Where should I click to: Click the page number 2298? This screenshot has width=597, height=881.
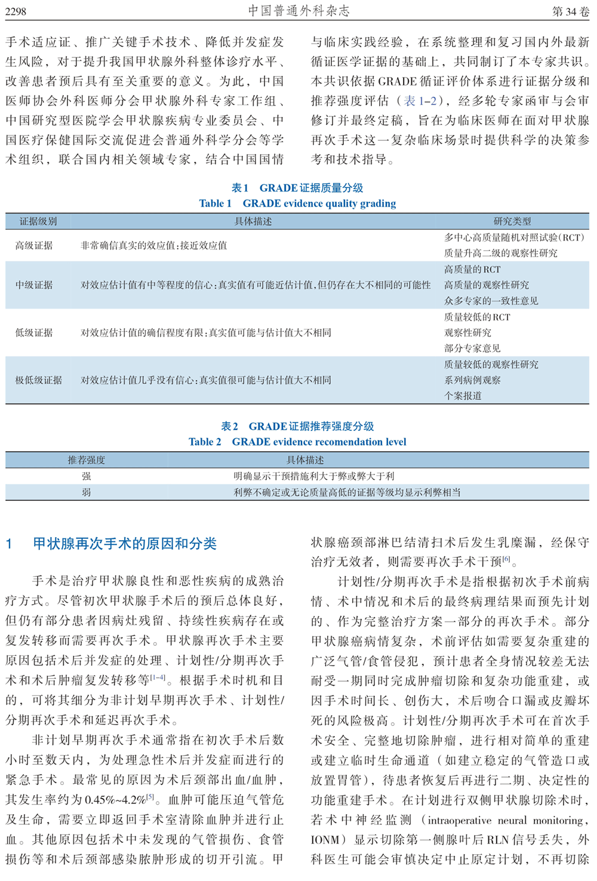point(16,11)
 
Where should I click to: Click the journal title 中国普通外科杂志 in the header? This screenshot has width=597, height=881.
point(298,11)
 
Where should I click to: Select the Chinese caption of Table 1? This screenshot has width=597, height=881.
point(297,188)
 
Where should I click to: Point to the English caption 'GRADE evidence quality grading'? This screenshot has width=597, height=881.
point(319,204)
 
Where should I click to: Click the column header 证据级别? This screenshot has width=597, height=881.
point(38,221)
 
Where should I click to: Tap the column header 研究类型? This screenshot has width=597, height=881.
point(512,221)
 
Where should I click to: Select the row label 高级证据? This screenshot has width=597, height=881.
point(34,245)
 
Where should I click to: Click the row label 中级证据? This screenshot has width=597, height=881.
point(34,285)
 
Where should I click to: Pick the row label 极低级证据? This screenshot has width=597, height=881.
point(39,380)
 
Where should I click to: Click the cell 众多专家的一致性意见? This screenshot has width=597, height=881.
point(491,301)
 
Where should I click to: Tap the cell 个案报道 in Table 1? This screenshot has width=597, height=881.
point(463,396)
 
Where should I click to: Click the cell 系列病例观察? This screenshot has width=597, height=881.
point(472,380)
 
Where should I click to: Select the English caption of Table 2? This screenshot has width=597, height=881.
point(297,442)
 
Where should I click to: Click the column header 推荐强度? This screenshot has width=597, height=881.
point(87,460)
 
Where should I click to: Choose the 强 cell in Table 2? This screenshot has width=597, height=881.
point(87,476)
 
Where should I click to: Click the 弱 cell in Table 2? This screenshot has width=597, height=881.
point(87,492)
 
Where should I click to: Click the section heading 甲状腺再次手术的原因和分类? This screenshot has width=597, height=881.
point(124,544)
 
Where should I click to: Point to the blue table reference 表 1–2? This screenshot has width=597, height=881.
point(420,101)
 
